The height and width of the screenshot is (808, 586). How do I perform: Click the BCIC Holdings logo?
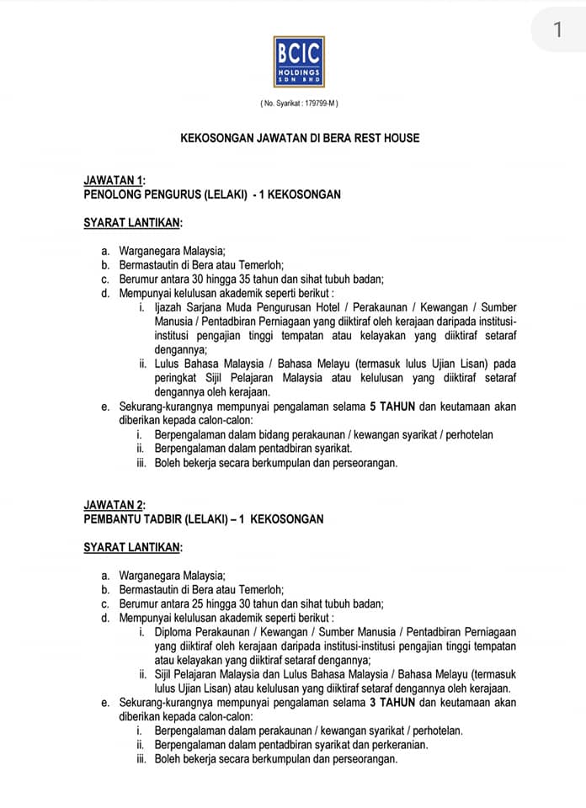click(299, 61)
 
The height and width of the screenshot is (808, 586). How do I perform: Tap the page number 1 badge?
click(557, 30)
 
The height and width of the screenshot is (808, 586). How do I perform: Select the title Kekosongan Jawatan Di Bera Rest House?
click(300, 137)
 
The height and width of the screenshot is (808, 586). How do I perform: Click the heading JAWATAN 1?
click(115, 180)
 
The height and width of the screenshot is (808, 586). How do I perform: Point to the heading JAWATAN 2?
click(115, 505)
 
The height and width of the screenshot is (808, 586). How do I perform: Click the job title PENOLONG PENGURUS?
click(142, 194)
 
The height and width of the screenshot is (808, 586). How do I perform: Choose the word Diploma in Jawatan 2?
click(176, 632)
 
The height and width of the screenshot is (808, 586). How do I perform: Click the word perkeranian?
click(400, 745)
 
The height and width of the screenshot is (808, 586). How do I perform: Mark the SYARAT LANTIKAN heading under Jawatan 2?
click(133, 548)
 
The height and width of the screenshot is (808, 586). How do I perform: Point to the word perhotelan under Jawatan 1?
click(467, 435)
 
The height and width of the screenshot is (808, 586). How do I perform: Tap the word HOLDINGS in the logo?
click(299, 73)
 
